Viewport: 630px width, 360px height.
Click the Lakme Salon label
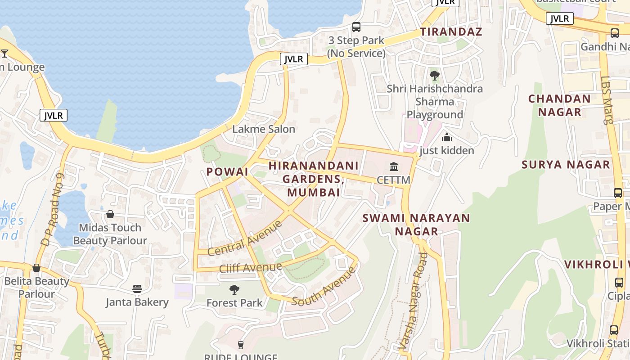264,129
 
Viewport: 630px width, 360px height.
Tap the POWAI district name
227,171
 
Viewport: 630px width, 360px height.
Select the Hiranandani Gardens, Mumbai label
314,179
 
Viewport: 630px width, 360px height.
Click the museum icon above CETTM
394,167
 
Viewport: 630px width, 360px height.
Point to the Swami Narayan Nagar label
416,225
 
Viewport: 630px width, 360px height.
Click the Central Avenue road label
245,238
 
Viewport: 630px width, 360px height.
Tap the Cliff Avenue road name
251,268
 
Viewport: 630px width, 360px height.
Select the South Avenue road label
324,286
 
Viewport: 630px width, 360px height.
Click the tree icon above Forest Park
234,289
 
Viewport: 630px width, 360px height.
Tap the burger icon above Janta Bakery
137,288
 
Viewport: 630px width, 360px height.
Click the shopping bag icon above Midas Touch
110,214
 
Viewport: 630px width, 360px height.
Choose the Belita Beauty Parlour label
36,288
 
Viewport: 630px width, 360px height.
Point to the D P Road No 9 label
53,210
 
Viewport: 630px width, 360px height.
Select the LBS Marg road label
607,100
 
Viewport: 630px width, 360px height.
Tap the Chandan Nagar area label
559,105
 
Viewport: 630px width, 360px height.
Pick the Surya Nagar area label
566,165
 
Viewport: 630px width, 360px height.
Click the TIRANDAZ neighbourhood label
451,32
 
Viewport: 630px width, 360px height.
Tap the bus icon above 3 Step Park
356,27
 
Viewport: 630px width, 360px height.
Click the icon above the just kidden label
446,137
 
